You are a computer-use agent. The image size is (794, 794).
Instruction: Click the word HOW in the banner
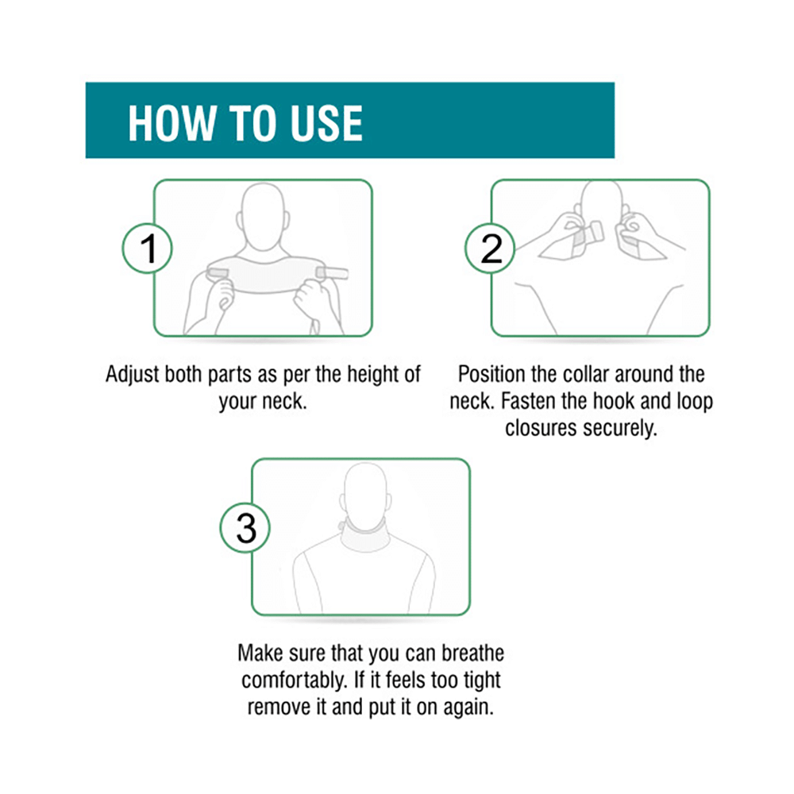[170, 123]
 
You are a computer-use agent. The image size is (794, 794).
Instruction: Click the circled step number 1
[148, 249]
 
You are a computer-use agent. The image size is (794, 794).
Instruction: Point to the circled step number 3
[247, 529]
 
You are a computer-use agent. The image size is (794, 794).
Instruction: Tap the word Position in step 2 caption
[492, 375]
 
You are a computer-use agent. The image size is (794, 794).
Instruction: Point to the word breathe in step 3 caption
[468, 654]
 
